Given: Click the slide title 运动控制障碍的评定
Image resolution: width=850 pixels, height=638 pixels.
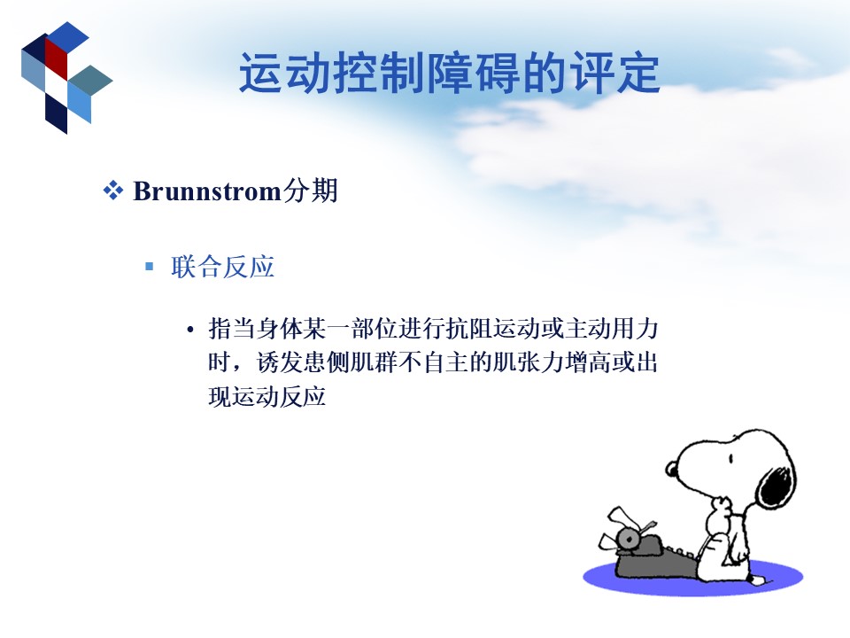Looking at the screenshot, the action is (x=450, y=73).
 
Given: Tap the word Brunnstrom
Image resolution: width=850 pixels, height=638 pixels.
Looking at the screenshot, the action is (x=207, y=191).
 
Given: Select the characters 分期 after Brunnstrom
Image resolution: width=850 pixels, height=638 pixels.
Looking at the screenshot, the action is (x=310, y=191).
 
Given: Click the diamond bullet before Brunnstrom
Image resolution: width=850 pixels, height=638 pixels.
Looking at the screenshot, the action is (x=112, y=191).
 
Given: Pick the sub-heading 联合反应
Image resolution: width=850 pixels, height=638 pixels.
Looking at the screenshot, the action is (x=223, y=267).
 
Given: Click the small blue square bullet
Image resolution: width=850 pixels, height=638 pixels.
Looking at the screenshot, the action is (x=150, y=267).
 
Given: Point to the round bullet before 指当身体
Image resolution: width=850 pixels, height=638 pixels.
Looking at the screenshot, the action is (x=189, y=330).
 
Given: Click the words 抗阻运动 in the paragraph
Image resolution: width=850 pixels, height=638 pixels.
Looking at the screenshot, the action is (x=493, y=329).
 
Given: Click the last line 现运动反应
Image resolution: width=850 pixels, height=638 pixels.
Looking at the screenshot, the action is (x=267, y=397).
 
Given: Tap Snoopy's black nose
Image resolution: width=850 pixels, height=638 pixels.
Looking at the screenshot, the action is (x=672, y=469).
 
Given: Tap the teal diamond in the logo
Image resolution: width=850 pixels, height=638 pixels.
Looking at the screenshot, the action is (x=90, y=81).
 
